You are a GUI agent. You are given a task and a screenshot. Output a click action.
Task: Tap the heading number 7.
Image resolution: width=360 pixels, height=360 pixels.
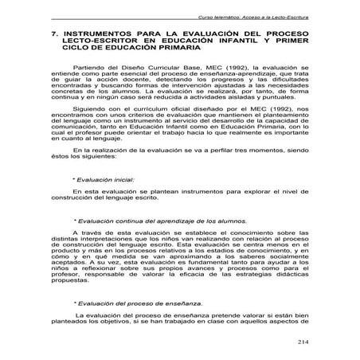tap(53, 34)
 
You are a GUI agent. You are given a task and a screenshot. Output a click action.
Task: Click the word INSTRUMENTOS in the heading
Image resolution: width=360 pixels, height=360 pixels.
tap(96, 34)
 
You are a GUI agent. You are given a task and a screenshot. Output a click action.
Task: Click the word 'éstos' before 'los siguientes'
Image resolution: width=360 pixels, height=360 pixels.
tap(59, 180)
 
